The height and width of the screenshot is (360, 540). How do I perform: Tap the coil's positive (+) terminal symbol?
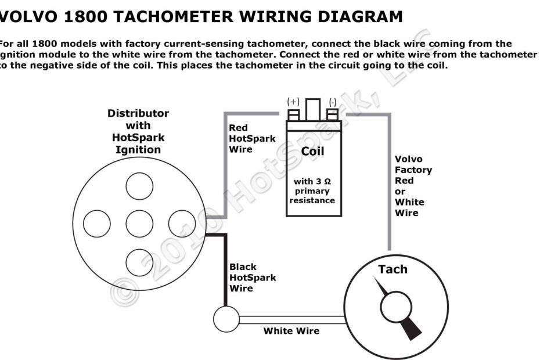pyautogui.click(x=293, y=101)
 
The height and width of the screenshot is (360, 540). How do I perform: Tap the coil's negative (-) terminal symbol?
pyautogui.click(x=332, y=101)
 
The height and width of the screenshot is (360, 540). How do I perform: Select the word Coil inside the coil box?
pyautogui.click(x=312, y=152)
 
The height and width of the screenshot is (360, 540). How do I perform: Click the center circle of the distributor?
pyautogui.click(x=139, y=224)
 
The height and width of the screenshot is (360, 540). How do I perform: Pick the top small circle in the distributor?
pyautogui.click(x=139, y=186)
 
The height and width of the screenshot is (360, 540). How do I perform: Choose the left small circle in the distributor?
pyautogui.click(x=97, y=224)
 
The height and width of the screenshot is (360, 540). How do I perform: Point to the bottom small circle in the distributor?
pyautogui.click(x=139, y=262)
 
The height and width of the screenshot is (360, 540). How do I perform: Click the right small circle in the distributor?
pyautogui.click(x=182, y=224)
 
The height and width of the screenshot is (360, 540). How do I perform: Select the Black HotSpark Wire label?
pyautogui.click(x=252, y=278)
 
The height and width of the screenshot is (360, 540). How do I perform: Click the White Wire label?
pyautogui.click(x=291, y=331)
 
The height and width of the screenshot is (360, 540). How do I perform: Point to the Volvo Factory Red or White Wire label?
pyautogui.click(x=413, y=186)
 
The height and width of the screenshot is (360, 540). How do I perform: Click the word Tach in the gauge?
pyautogui.click(x=393, y=269)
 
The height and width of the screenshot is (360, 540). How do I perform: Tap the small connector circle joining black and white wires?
pyautogui.click(x=226, y=319)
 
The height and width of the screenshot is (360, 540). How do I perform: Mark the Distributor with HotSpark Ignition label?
pyautogui.click(x=138, y=131)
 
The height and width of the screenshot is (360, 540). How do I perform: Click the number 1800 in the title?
pyautogui.click(x=85, y=16)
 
